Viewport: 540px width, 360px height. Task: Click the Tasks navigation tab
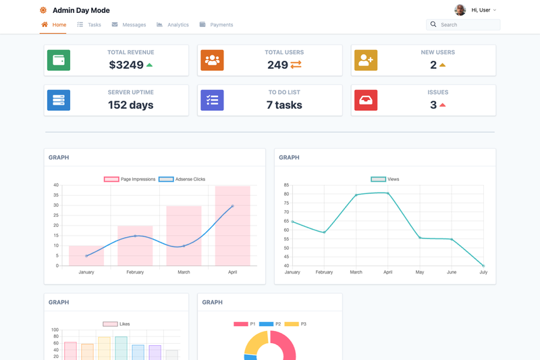point(89,25)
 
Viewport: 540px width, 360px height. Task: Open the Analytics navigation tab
point(173,25)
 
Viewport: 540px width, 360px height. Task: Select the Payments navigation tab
point(216,25)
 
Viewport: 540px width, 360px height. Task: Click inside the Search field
point(463,25)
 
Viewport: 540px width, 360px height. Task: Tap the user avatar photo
point(460,10)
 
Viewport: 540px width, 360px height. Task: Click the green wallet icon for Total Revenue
point(59,60)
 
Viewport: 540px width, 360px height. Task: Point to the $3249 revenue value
point(126,65)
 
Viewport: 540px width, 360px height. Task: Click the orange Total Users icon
point(212,60)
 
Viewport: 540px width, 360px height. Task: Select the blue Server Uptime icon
point(59,100)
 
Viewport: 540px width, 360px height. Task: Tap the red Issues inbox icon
point(366,100)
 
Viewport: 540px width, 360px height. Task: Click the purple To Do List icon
point(212,100)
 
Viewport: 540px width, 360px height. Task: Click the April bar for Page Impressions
point(232,226)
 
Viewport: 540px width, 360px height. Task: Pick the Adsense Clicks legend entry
point(182,179)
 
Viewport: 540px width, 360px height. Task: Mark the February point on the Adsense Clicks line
point(135,236)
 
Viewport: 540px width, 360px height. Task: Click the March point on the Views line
point(356,195)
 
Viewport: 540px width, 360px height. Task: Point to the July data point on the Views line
point(483,266)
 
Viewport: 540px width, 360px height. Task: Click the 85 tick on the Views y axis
point(286,185)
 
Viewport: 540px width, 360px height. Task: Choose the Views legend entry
point(385,179)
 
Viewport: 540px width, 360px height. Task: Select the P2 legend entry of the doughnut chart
point(270,324)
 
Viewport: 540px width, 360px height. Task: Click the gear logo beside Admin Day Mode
point(43,10)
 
